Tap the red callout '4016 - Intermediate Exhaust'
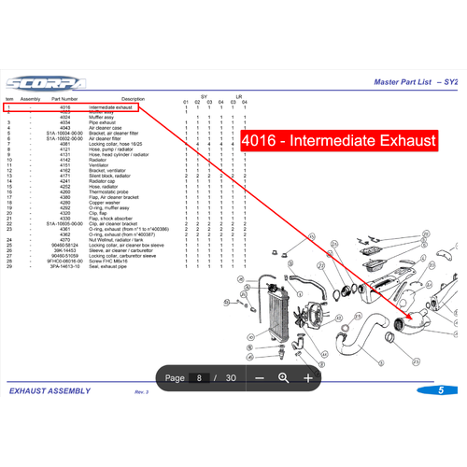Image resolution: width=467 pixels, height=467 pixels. [338, 141]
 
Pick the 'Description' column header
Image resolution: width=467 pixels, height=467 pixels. [133, 98]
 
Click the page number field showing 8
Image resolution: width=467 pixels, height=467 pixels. [200, 377]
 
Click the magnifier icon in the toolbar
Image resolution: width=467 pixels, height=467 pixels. [283, 377]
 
